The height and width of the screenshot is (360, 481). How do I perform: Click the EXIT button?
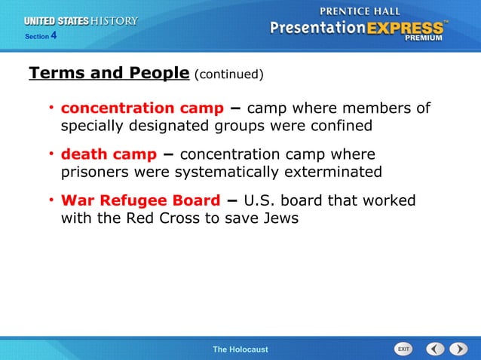404,349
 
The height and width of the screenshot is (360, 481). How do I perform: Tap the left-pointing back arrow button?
435,349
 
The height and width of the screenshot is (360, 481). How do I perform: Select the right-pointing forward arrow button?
458,349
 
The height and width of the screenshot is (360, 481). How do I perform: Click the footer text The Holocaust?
240,349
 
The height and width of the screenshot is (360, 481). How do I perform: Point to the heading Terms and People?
109,73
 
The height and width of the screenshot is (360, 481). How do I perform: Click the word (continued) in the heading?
228,75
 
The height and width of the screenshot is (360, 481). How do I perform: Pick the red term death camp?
109,154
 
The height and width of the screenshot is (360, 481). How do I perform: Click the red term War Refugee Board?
141,201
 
